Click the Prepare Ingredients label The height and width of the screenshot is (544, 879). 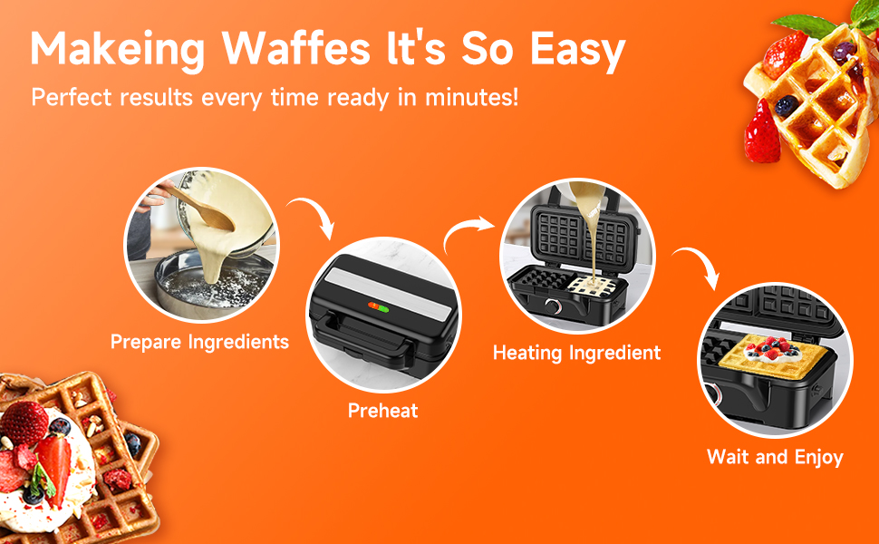pyautogui.click(x=199, y=342)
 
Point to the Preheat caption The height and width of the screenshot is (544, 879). pyautogui.click(x=383, y=411)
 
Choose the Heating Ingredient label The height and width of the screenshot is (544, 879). pyautogui.click(x=576, y=353)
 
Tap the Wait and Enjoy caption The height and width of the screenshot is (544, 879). pyautogui.click(x=775, y=457)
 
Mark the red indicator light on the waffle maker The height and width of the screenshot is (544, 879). pyautogui.click(x=372, y=307)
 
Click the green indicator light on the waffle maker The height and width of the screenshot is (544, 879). pyautogui.click(x=383, y=309)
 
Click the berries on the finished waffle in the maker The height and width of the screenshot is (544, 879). pyautogui.click(x=769, y=346)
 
